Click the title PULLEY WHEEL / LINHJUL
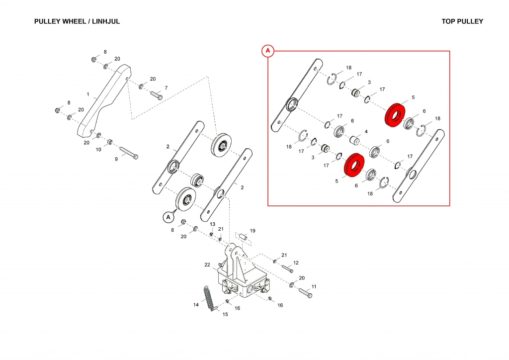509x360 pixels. (x=77, y=21)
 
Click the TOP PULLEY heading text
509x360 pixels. (x=462, y=21)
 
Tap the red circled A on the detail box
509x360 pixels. (x=268, y=51)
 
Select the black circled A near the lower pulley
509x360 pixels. (x=169, y=217)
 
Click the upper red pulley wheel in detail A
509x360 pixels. (x=396, y=115)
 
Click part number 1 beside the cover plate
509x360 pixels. (x=88, y=94)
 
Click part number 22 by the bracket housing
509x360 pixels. (x=208, y=265)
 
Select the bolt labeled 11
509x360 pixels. (x=305, y=293)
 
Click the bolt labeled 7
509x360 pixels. (x=156, y=95)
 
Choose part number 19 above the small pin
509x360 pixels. (x=253, y=231)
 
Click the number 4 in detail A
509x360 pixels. (x=366, y=132)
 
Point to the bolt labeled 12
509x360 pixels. (x=287, y=269)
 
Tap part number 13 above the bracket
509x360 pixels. (x=212, y=224)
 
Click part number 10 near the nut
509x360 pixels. (x=98, y=149)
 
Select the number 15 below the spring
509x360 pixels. (x=225, y=314)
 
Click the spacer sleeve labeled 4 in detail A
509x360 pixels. (x=355, y=139)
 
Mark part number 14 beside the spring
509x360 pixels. (x=196, y=305)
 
